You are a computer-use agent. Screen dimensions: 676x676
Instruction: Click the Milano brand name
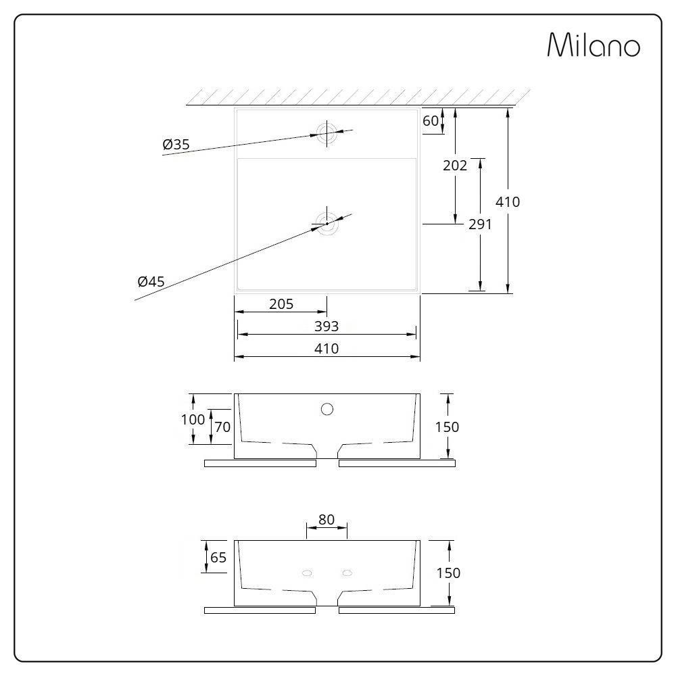(593, 46)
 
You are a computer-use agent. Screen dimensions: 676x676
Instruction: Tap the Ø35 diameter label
(176, 144)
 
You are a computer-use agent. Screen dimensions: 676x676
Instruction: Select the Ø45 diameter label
(151, 282)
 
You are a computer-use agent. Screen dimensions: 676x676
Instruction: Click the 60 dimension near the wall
(431, 121)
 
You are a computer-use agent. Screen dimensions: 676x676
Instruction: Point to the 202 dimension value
(456, 165)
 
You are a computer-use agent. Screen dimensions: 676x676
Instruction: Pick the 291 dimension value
(480, 224)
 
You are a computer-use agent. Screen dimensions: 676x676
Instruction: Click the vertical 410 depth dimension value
(508, 201)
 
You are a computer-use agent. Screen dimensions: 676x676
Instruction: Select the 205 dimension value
(281, 304)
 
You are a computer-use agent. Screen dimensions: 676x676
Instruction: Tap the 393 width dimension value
(326, 327)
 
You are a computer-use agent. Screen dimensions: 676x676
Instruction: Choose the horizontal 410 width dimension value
(326, 349)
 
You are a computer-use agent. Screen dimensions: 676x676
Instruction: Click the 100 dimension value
(193, 419)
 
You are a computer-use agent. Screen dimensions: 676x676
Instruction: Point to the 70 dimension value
(222, 427)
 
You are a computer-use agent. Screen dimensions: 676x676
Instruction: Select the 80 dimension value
(327, 519)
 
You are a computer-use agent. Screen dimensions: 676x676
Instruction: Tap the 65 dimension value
(218, 558)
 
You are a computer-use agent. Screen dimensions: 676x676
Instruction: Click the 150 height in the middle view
(447, 427)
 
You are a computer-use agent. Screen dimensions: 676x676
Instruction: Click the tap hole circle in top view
(327, 132)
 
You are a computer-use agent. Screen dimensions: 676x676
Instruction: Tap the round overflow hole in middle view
(327, 408)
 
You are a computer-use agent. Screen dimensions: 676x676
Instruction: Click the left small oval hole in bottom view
(307, 573)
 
